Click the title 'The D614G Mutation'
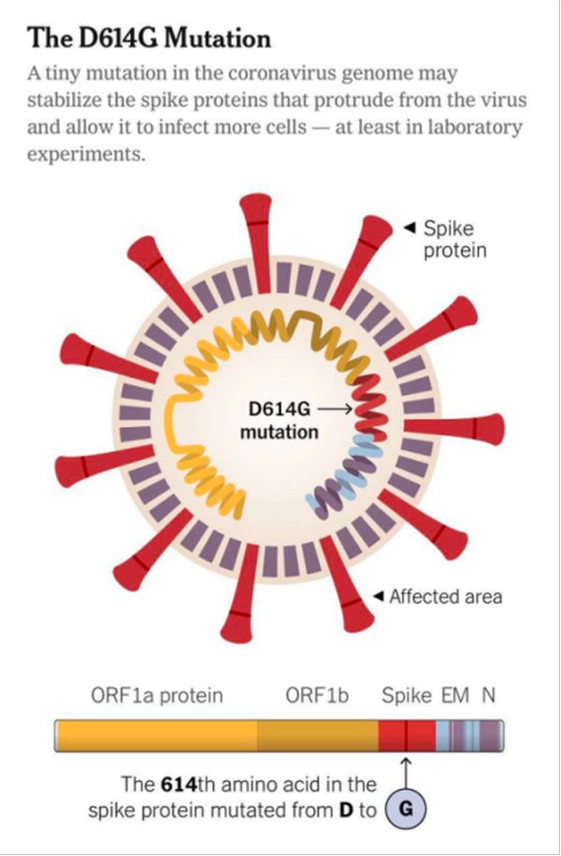tap(149, 39)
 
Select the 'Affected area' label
tap(445, 596)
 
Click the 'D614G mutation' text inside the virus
tap(280, 421)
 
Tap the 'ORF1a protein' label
tap(157, 695)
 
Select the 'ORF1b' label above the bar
tap(318, 695)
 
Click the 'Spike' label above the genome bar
tap(407, 695)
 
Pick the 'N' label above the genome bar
tap(488, 695)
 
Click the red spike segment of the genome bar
tap(407, 735)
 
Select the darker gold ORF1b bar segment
tap(318, 735)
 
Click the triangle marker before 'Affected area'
tap(379, 596)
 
